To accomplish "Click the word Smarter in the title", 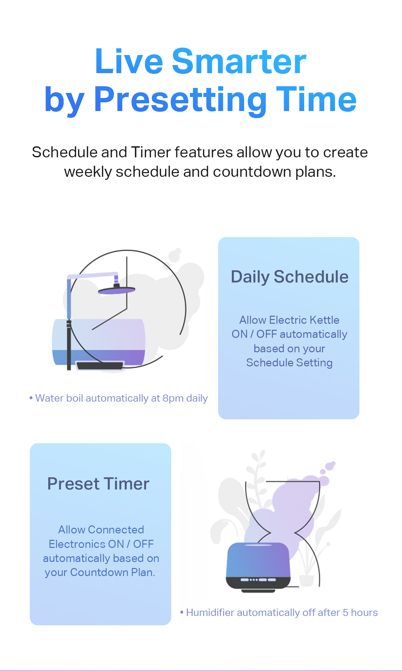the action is (x=239, y=61).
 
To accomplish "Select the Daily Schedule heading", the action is (x=290, y=277).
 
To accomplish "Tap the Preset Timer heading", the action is (x=98, y=484).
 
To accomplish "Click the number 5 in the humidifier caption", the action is (x=345, y=613).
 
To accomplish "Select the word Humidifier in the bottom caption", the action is (x=210, y=613).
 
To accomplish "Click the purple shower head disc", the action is (x=117, y=291).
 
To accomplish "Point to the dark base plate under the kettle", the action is (x=100, y=365).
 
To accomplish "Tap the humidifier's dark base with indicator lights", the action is (x=258, y=583).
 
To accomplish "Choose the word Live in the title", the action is (x=129, y=61).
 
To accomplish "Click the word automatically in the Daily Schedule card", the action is (x=314, y=334).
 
